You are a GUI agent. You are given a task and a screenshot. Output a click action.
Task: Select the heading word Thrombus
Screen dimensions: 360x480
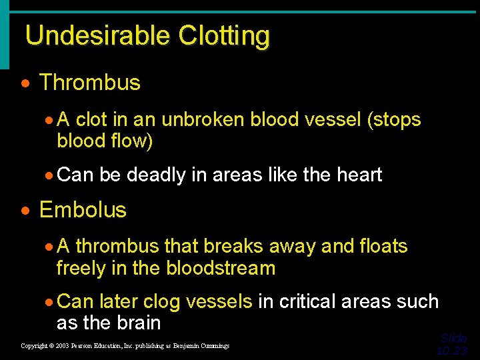(90, 83)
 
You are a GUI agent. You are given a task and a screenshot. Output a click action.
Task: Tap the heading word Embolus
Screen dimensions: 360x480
(83, 210)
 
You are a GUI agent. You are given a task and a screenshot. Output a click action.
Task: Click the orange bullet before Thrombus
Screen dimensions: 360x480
(25, 84)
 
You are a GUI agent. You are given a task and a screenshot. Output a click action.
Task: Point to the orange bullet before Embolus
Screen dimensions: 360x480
(25, 211)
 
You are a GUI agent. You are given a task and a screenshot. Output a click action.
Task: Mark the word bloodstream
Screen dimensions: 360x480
(221, 269)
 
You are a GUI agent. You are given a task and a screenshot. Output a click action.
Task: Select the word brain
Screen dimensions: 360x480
(137, 323)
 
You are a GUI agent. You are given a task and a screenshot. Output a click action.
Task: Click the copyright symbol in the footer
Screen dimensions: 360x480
(51, 346)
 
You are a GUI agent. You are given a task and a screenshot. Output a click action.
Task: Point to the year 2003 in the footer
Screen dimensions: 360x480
(63, 346)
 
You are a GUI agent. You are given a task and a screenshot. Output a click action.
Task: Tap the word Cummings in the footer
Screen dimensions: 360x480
(213, 346)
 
